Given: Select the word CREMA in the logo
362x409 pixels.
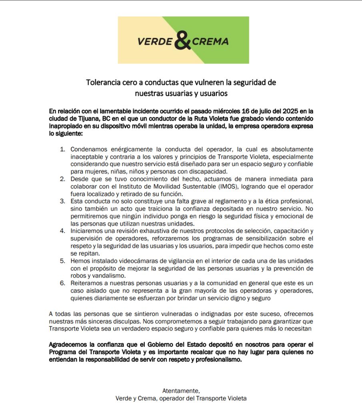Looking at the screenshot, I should click(210, 42).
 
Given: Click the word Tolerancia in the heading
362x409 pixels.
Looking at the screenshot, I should click(104, 83).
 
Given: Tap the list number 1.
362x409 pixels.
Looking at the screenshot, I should click(62, 149).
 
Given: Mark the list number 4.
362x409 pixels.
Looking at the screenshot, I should click(62, 231).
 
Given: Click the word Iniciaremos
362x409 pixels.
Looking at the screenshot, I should click(89, 231).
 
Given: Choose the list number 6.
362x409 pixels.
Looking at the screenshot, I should click(62, 283).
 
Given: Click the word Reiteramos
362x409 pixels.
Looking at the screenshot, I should click(88, 283).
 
